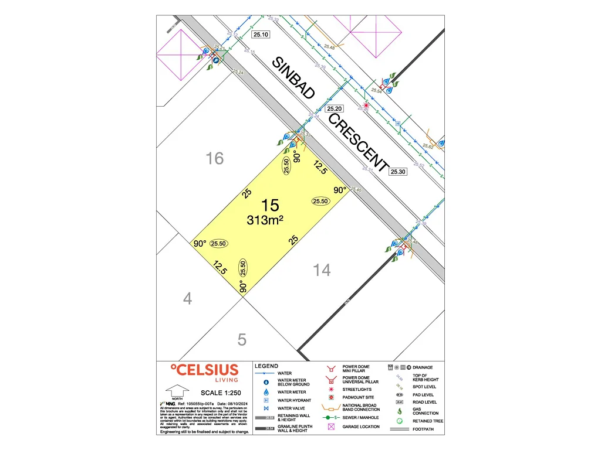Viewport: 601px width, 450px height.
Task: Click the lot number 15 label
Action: click(270, 205)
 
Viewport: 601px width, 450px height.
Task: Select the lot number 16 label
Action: click(215, 158)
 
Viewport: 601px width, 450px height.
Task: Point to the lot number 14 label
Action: click(322, 270)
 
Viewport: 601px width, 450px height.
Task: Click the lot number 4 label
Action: click(187, 299)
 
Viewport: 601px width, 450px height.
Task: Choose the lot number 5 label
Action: click(242, 339)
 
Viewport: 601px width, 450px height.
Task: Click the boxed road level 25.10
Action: click(261, 35)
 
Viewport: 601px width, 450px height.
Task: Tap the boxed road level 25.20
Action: click(335, 109)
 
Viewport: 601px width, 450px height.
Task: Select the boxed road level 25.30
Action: click(398, 171)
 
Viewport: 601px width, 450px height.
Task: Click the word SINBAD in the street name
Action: click(293, 78)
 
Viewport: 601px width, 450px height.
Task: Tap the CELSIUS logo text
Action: click(204, 370)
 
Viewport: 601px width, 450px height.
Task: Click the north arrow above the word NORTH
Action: click(177, 390)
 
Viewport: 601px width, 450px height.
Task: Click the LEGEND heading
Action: click(266, 366)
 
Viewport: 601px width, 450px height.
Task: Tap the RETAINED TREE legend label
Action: click(428, 421)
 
